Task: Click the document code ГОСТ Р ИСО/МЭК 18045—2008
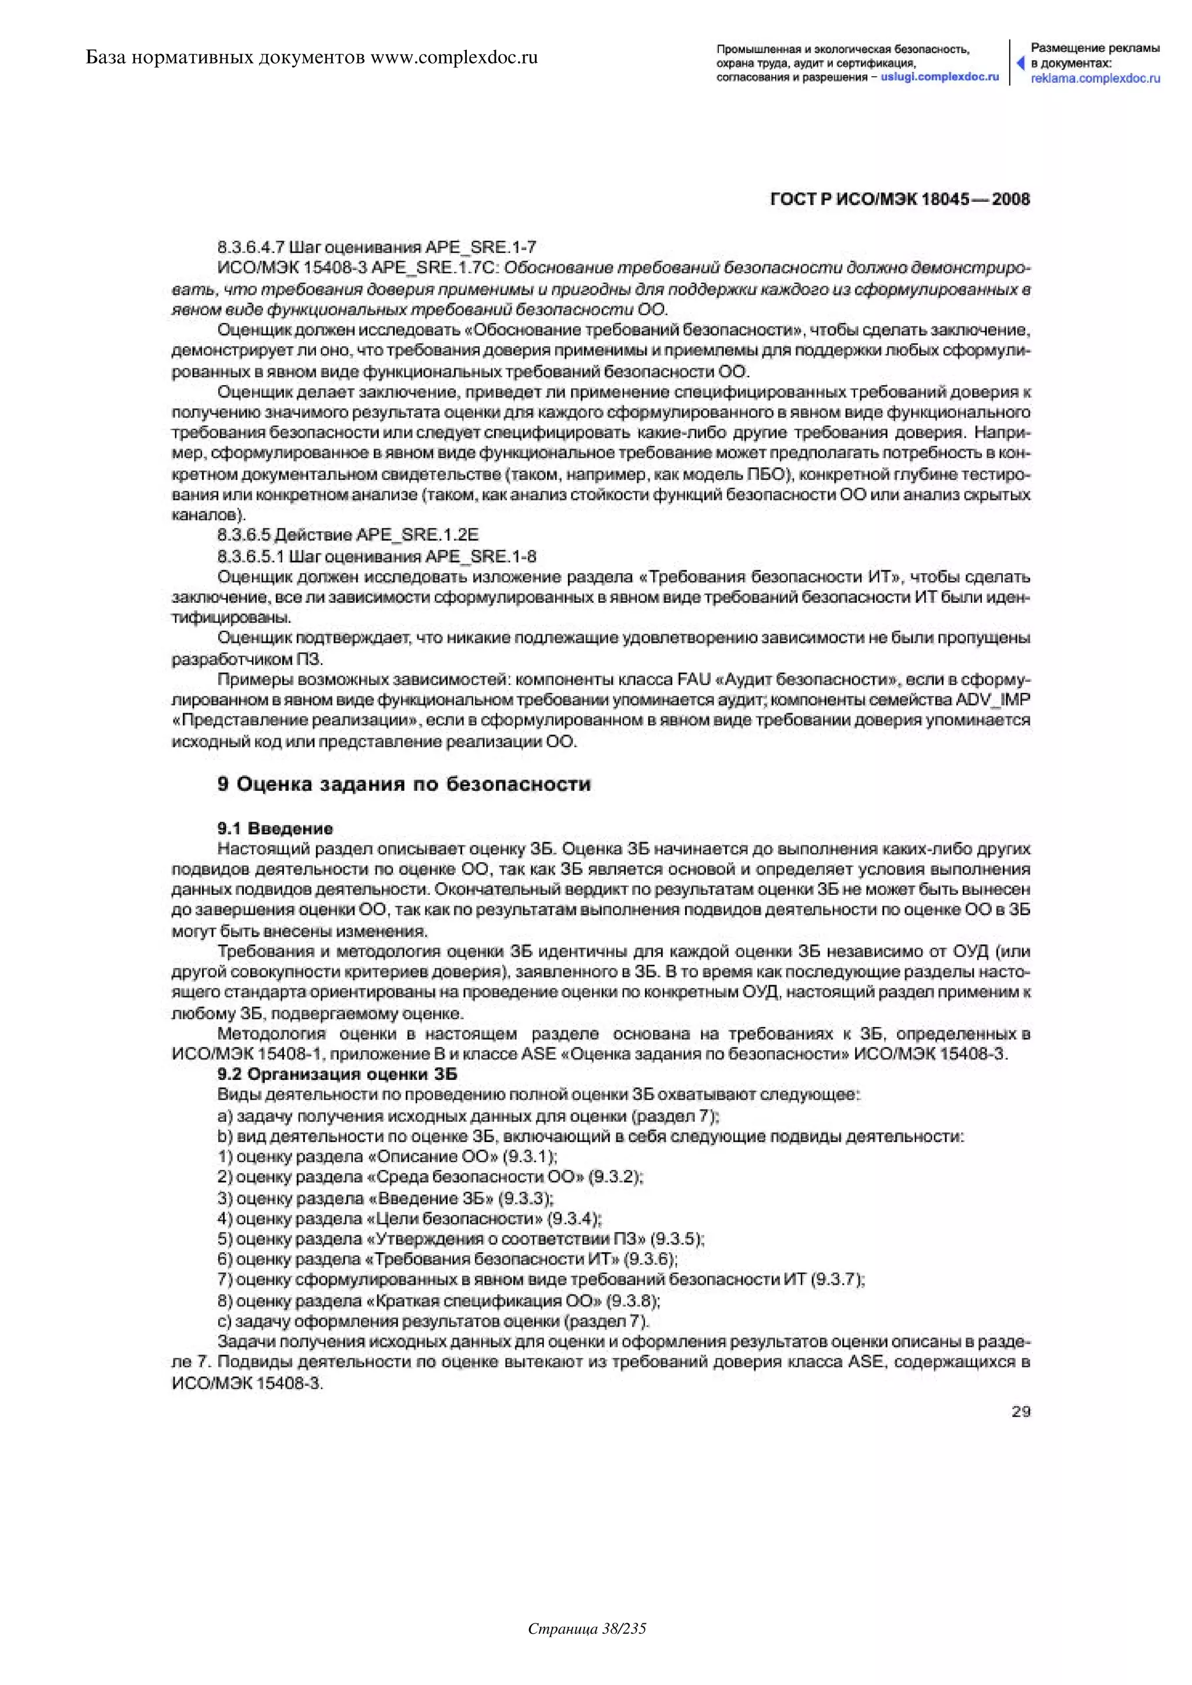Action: (900, 199)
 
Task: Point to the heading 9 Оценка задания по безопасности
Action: (404, 784)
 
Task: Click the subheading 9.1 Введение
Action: (275, 829)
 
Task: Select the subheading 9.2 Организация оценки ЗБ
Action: (337, 1075)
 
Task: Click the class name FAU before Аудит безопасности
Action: (694, 679)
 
